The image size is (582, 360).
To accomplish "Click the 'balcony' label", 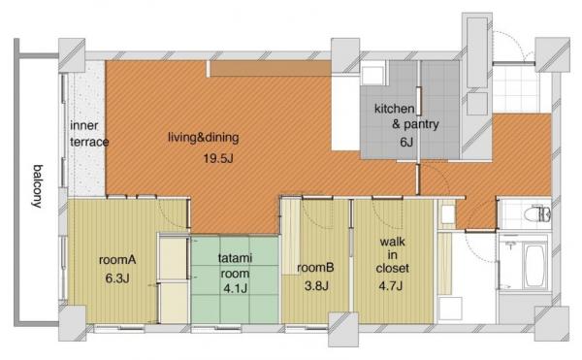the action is pyautogui.click(x=37, y=186).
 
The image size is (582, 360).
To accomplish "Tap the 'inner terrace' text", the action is pyautogui.click(x=89, y=134).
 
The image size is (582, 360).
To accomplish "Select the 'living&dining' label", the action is pyautogui.click(x=204, y=138).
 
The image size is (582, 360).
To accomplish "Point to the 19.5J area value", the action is pyautogui.click(x=218, y=159).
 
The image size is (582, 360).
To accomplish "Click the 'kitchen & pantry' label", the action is pyautogui.click(x=406, y=116).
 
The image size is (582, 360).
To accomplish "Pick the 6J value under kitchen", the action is pyautogui.click(x=406, y=142).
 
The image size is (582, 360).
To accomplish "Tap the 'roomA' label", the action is pyautogui.click(x=117, y=260).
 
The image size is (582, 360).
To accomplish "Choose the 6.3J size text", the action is pyautogui.click(x=117, y=278).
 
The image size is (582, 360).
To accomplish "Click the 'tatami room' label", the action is pyautogui.click(x=235, y=265).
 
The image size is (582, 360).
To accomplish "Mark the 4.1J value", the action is pyautogui.click(x=236, y=288).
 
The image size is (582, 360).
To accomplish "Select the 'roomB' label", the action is pyautogui.click(x=315, y=267).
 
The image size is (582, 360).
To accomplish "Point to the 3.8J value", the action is pyautogui.click(x=316, y=286).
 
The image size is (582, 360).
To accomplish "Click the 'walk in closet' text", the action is pyautogui.click(x=392, y=255).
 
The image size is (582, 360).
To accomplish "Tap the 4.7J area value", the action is pyautogui.click(x=391, y=286).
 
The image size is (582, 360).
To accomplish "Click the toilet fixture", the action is pyautogui.click(x=537, y=214).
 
